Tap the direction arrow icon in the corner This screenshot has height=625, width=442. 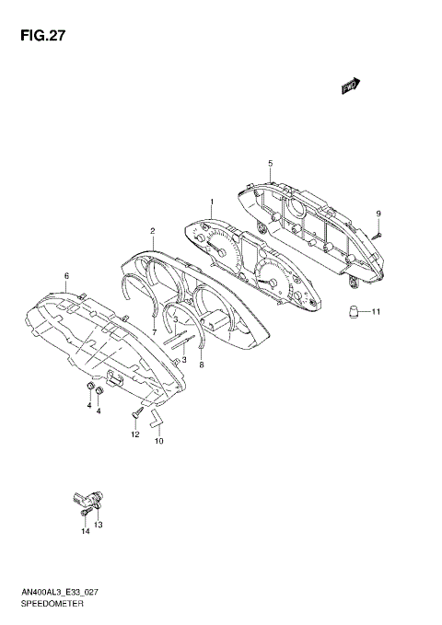tap(350, 86)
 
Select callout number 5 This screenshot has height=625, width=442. tap(271, 164)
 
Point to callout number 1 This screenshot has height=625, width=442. tap(211, 202)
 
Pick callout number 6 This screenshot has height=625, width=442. tap(66, 275)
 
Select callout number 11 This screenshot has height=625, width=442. tap(376, 313)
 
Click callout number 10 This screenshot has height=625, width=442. tap(158, 441)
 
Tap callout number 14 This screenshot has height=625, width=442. tap(84, 531)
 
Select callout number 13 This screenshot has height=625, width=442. tap(98, 525)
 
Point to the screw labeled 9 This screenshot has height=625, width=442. tap(378, 234)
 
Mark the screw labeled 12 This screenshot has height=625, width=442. tap(136, 412)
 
